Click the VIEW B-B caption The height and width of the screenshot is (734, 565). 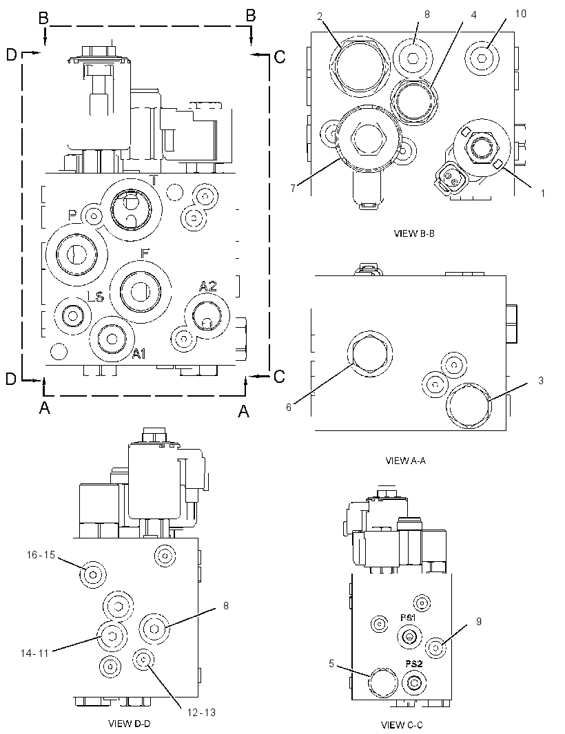pos(414,233)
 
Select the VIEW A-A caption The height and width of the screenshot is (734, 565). pos(405,461)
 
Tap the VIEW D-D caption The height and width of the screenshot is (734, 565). pos(130,723)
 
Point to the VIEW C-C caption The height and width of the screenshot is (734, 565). pos(402,725)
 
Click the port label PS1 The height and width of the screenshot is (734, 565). pos(409,618)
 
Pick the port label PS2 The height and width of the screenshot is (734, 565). pos(414,663)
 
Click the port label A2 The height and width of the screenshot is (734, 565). pos(208,286)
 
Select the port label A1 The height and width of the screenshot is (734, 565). pos(138,355)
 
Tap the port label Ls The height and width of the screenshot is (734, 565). pos(96,295)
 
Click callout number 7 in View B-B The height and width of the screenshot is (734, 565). pos(293,188)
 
